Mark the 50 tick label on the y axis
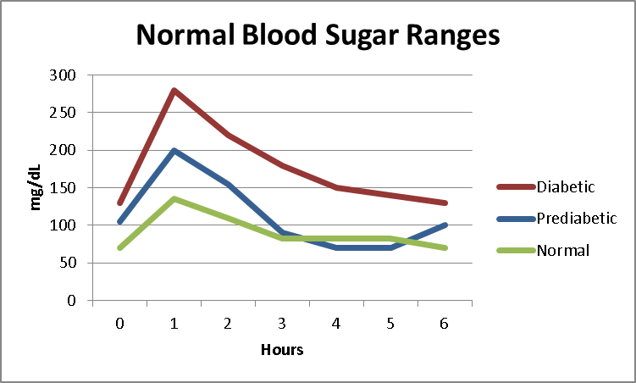[69, 263]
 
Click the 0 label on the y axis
[73, 301]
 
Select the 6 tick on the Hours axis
[445, 323]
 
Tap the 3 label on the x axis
[283, 323]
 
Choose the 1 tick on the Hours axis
[174, 323]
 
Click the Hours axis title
[282, 349]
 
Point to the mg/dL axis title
[36, 188]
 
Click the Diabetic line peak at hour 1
[174, 90]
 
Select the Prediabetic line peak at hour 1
[174, 150]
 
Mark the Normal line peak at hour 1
[174, 199]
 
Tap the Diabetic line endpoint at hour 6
[445, 203]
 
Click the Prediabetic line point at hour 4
[337, 247]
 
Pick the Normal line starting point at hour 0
[120, 247]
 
